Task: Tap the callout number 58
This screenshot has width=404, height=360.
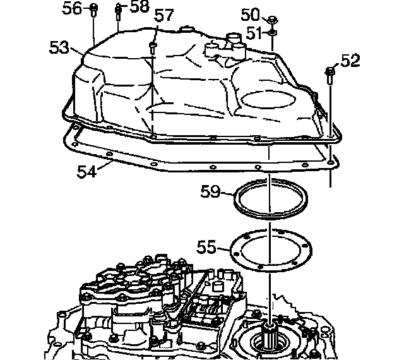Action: point(140,8)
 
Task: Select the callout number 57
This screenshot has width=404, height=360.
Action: point(164,16)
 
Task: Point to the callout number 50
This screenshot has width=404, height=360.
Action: point(251,14)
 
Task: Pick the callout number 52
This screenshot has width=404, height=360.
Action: point(350,61)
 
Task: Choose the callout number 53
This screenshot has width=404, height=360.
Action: point(59,47)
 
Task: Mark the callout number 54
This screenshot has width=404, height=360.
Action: point(88,171)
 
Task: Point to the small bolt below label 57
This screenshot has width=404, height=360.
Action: point(152,46)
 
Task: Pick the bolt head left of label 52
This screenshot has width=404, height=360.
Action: point(330,71)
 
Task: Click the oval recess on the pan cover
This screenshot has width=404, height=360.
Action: point(268,99)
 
